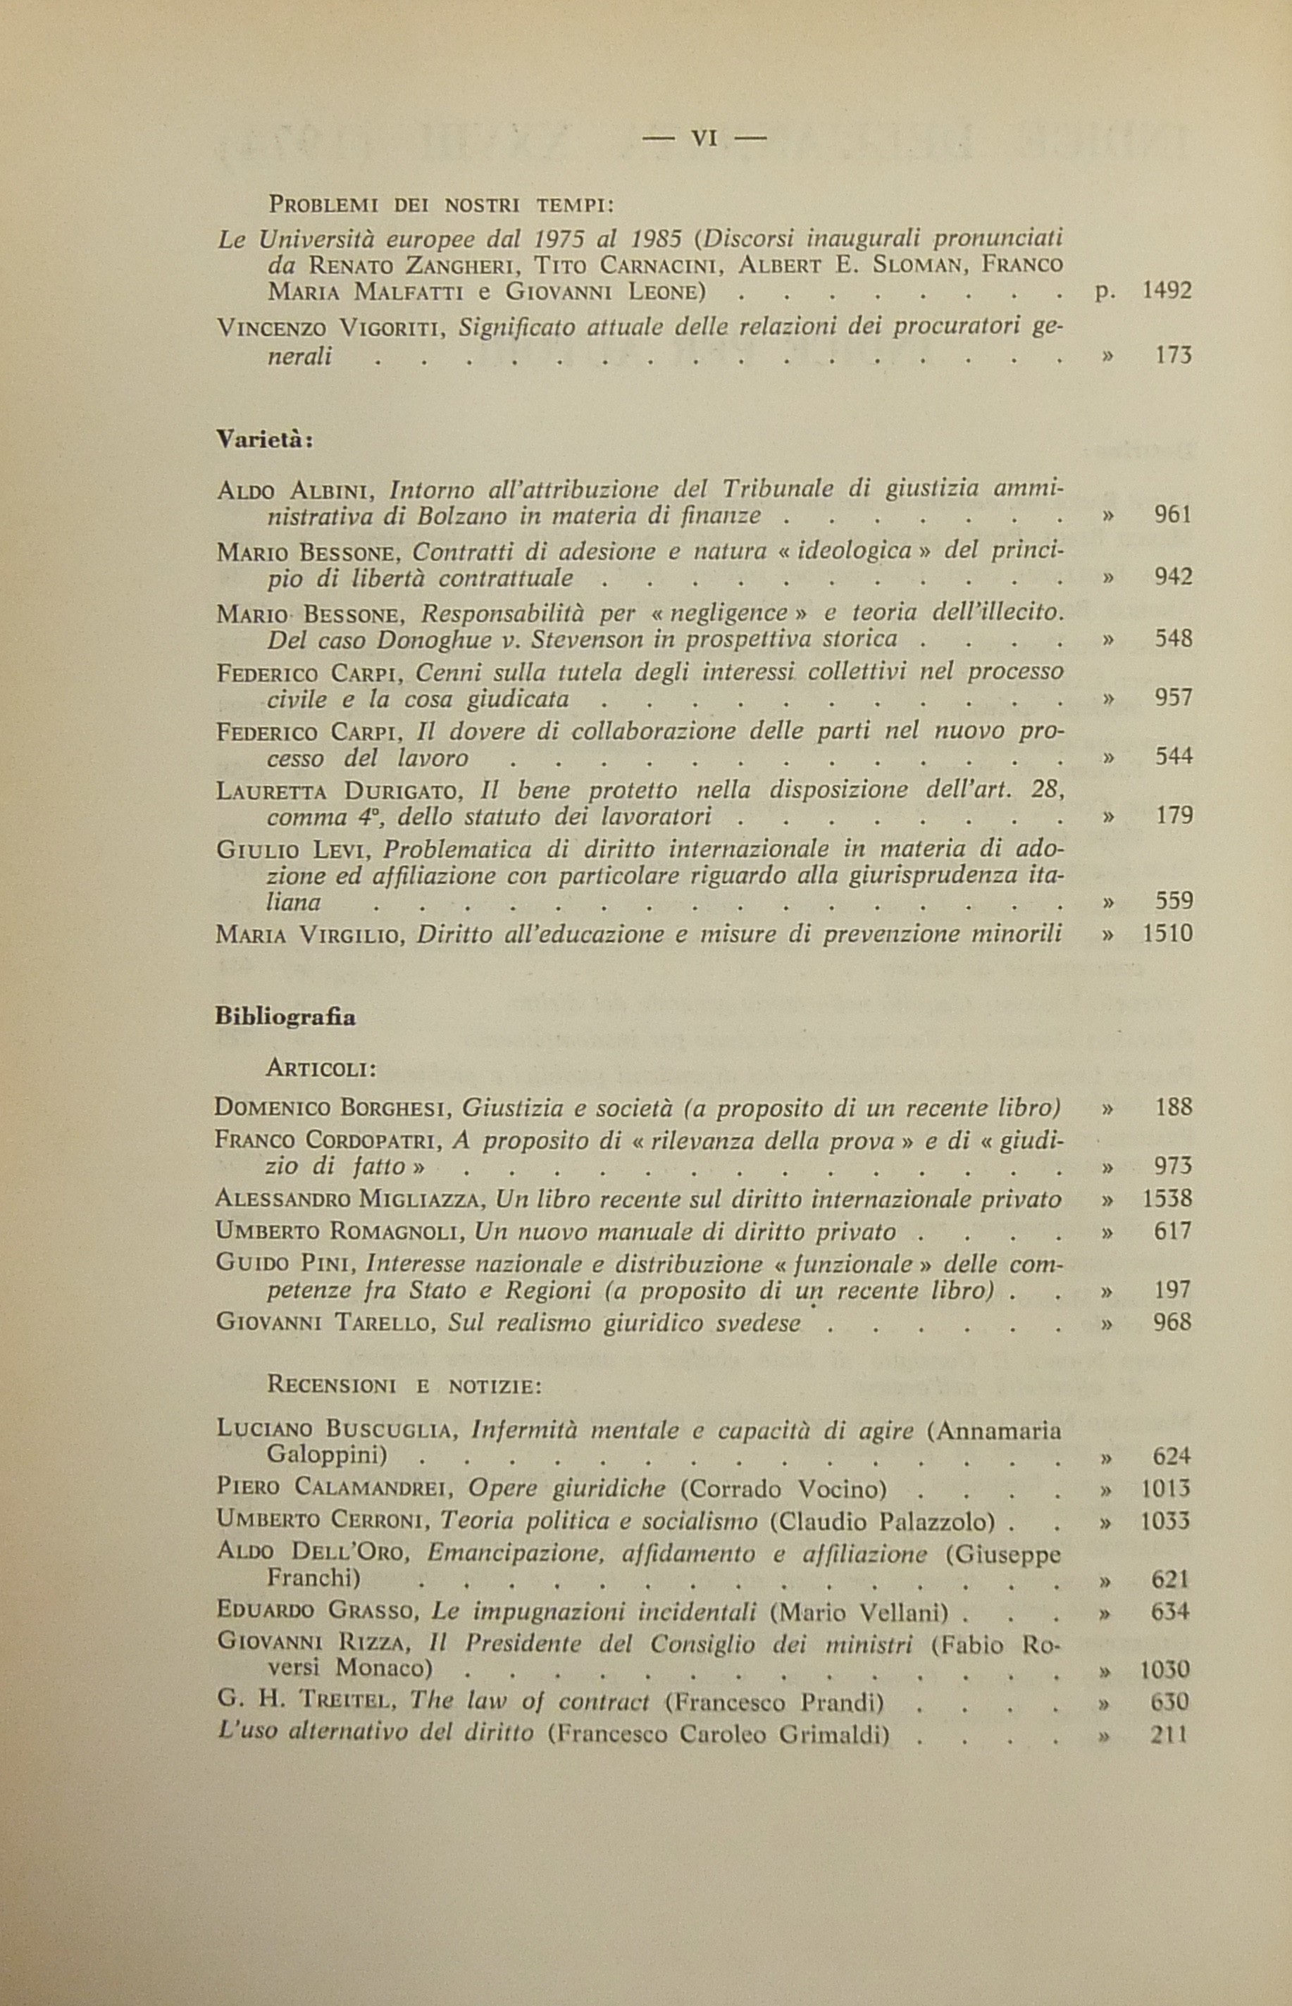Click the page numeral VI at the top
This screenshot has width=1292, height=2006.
tap(704, 138)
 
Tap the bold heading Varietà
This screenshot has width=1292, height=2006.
tap(263, 439)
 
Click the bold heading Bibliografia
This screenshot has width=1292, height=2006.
tap(285, 1016)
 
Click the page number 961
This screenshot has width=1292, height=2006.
tap(1173, 514)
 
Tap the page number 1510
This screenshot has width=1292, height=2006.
tap(1167, 933)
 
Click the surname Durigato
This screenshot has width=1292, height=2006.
tap(399, 790)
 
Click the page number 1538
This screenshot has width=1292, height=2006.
tap(1167, 1198)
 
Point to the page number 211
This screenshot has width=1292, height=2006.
tap(1169, 1734)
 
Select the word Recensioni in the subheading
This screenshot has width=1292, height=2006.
tap(331, 1385)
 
